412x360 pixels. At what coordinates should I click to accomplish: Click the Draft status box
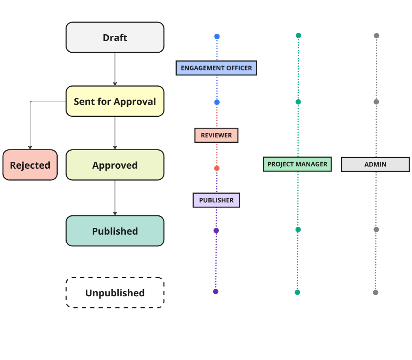click(115, 37)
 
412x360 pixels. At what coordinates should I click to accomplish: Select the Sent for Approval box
click(115, 101)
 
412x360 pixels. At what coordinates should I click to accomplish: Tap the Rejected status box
click(30, 165)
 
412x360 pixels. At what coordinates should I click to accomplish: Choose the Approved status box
click(115, 165)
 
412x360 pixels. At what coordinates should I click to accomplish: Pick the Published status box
click(115, 231)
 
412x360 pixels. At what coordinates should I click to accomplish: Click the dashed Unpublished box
click(115, 293)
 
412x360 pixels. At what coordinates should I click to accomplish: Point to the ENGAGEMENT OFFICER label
click(216, 68)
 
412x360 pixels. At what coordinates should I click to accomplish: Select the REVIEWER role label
click(216, 135)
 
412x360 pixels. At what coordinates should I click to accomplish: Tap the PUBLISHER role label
click(216, 200)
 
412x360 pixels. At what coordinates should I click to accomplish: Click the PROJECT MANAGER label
click(297, 164)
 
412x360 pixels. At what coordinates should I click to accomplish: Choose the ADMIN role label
click(375, 165)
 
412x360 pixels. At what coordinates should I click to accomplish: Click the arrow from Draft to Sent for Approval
click(115, 69)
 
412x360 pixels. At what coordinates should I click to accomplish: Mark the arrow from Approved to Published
click(115, 198)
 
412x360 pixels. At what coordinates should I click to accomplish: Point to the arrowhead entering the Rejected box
click(30, 147)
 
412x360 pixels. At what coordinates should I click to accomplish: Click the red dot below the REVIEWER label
click(217, 168)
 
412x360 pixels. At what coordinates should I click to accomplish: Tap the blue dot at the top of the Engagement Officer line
click(217, 37)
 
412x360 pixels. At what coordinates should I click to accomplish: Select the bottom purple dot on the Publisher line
click(216, 291)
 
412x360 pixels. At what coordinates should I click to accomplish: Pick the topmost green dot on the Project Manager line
click(298, 35)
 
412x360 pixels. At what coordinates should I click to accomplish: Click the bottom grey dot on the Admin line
click(375, 292)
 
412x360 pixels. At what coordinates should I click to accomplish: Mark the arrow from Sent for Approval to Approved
click(115, 133)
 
